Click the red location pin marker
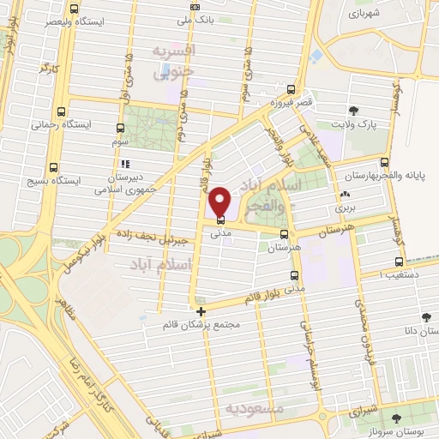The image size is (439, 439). tap(220, 201)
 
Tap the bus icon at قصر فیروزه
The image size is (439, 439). tap(292, 89)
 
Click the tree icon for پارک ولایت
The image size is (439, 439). tap(352, 110)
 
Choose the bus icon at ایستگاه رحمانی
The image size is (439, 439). tap(62, 111)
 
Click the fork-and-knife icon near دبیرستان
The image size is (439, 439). tap(125, 163)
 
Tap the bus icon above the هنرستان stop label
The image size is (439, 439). tap(285, 233)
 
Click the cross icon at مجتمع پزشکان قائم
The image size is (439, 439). tap(201, 312)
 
